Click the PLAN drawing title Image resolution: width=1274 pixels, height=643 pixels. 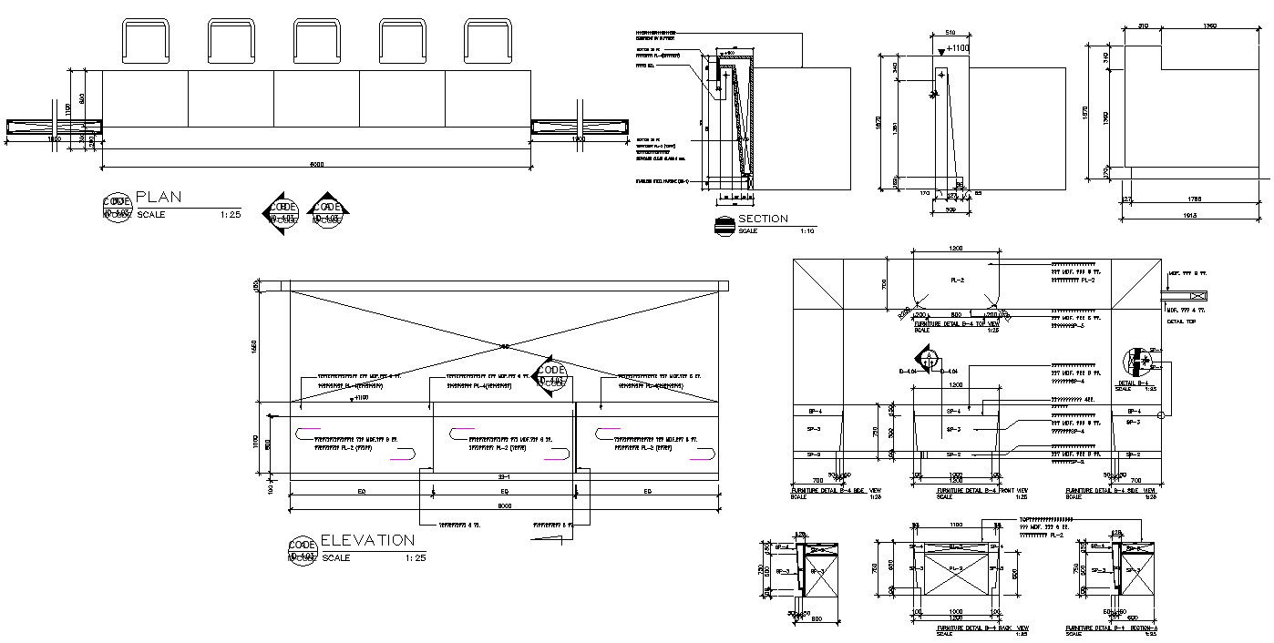(x=159, y=197)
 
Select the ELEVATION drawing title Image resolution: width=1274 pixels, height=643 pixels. (x=367, y=540)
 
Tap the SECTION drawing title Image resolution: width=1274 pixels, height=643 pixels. (x=763, y=219)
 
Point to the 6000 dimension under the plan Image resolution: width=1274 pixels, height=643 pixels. (x=316, y=165)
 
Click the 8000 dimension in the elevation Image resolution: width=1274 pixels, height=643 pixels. (x=504, y=505)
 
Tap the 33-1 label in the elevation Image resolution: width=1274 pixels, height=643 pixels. (x=503, y=477)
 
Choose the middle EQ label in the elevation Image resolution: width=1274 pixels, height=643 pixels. (x=504, y=492)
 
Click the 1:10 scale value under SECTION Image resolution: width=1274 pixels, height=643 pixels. (x=807, y=231)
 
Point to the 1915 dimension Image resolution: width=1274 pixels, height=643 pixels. (x=1188, y=216)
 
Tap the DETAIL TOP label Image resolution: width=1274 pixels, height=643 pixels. (x=1181, y=321)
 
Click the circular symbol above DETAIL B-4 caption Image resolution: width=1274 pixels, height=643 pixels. (x=1138, y=362)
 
